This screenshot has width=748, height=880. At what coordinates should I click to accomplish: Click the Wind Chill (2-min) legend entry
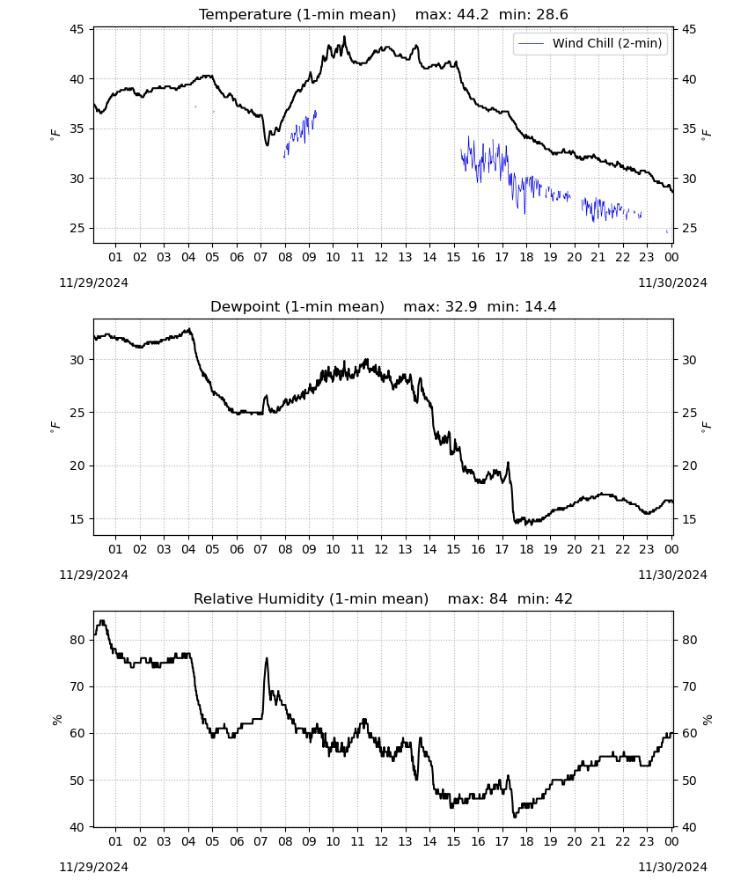tap(590, 43)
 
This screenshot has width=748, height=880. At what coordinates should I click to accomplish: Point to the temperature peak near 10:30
tap(345, 37)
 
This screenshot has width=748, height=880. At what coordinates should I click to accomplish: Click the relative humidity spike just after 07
tap(267, 659)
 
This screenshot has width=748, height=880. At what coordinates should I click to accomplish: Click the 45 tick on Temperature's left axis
tap(77, 29)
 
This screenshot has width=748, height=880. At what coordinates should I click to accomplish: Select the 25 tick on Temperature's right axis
tap(689, 229)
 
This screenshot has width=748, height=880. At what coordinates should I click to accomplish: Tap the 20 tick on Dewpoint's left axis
tap(77, 466)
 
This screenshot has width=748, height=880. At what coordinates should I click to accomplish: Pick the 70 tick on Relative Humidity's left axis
tap(77, 686)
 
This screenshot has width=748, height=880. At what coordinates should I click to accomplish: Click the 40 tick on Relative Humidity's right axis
tap(689, 827)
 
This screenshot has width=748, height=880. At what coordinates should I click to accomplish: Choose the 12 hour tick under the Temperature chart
tap(381, 257)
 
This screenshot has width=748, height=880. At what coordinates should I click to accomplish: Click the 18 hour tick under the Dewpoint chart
tap(526, 549)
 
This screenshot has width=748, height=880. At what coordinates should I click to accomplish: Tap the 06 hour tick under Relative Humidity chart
tap(237, 841)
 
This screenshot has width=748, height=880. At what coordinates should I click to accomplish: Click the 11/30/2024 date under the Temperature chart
tap(673, 282)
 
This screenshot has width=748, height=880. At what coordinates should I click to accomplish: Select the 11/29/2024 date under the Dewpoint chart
tap(93, 575)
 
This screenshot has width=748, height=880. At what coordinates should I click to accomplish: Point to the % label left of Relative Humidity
tap(56, 720)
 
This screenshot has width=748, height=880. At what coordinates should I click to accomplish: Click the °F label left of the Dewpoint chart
tap(55, 428)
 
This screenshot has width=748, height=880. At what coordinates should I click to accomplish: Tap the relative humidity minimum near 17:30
tap(515, 817)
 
